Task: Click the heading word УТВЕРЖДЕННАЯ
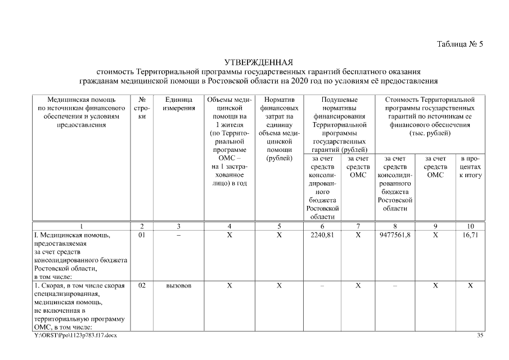coord(259,62)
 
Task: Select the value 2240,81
coord(322,235)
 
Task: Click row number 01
coord(142,235)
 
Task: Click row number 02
coord(142,286)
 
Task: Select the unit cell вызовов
coord(178,286)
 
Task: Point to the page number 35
coord(480,335)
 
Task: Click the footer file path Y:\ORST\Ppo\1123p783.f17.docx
coord(76,335)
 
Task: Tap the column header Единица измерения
coord(179,103)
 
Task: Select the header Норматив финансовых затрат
coord(278,111)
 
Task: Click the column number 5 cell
coord(278,226)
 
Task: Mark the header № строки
coord(142,107)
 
